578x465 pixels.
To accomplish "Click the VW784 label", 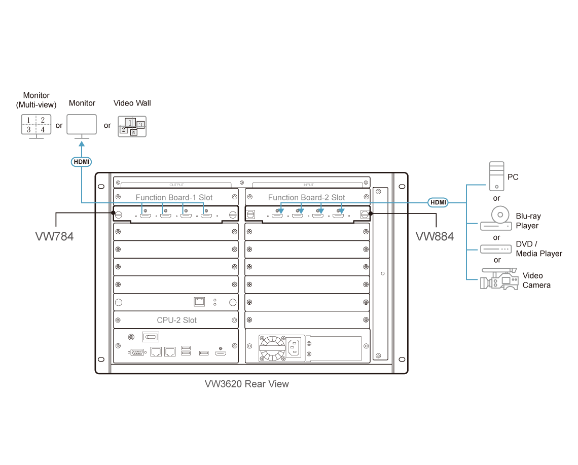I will point(54,236).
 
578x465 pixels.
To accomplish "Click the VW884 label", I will point(435,236).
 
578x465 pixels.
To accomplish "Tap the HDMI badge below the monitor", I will point(81,162).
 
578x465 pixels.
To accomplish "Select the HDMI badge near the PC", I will point(438,202).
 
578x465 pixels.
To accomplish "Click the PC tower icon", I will point(496,176).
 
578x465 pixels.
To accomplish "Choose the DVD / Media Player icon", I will point(496,249).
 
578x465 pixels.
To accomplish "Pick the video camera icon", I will point(499,279).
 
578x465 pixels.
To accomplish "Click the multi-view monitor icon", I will point(36,125).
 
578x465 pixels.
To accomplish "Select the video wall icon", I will point(131,126).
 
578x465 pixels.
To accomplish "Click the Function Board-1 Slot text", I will point(174,197).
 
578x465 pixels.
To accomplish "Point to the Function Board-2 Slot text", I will point(306,197).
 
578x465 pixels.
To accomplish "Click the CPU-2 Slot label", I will point(176,320).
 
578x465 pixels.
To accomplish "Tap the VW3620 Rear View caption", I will point(247,384).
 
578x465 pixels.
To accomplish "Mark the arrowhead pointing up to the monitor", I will point(81,145).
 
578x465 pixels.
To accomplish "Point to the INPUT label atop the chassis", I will point(308,185).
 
